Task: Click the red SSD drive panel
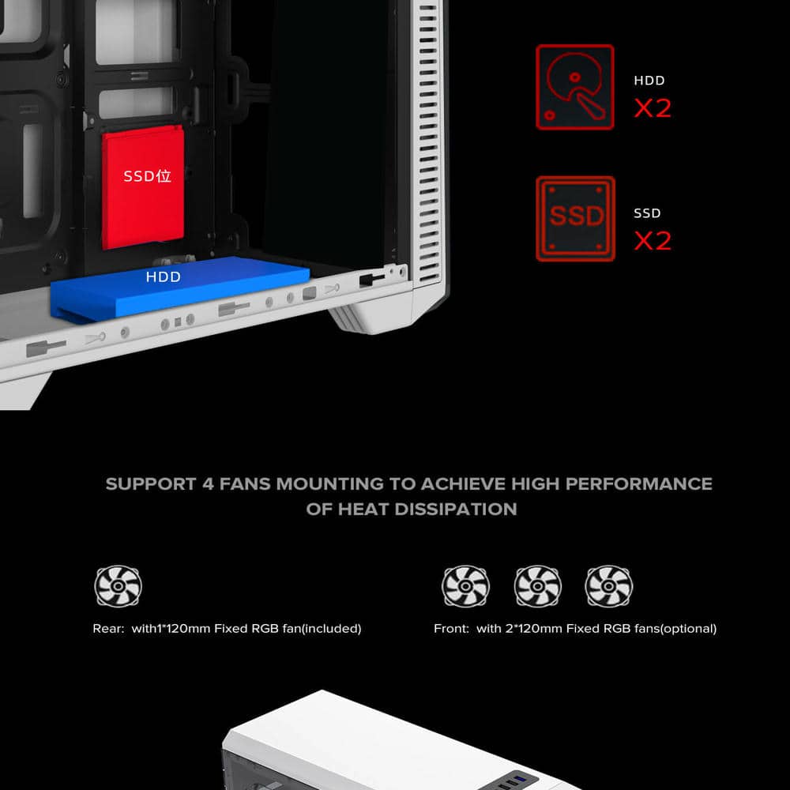point(142,187)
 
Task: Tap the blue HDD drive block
point(180,288)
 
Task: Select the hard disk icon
point(575,87)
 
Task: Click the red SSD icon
point(575,219)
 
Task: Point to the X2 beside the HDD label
point(653,107)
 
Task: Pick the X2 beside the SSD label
point(653,240)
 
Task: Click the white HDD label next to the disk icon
point(649,81)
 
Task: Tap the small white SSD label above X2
point(647,213)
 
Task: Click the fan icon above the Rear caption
point(118,586)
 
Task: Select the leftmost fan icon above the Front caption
point(465,586)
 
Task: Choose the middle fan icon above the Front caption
point(537,586)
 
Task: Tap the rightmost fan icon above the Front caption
point(608,586)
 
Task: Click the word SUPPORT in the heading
point(151,483)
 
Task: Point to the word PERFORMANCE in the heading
point(638,483)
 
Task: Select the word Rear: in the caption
point(108,628)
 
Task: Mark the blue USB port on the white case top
point(521,780)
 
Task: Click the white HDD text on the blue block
point(164,276)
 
